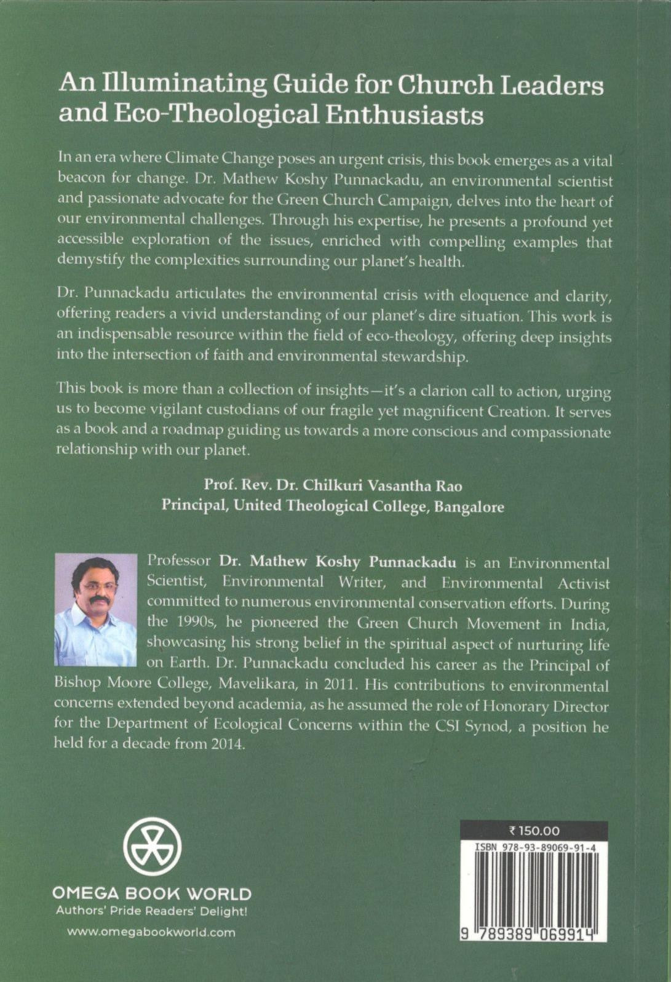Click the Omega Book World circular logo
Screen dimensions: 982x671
click(x=152, y=846)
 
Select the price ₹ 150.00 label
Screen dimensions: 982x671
click(x=534, y=831)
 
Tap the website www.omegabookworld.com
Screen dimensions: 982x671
click(x=151, y=932)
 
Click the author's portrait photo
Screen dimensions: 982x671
click(x=96, y=609)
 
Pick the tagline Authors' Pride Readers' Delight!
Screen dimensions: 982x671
click(x=151, y=911)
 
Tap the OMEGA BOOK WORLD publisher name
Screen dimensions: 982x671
click(x=151, y=893)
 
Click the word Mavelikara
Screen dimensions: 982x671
click(x=257, y=684)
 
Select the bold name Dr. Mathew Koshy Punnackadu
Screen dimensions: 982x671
click(x=338, y=562)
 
